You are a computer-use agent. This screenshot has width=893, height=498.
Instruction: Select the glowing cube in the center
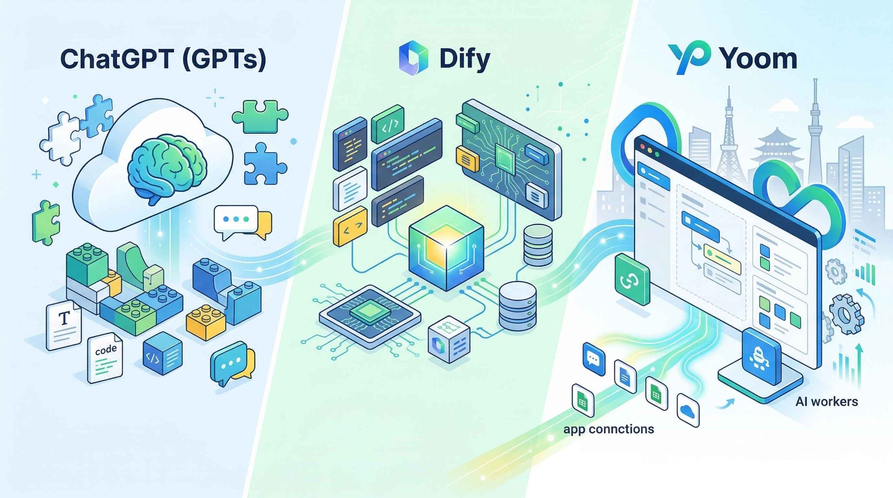[x=446, y=249]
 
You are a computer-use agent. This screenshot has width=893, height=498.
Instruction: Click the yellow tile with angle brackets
[x=350, y=227]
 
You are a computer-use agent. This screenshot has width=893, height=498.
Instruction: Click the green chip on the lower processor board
[x=369, y=312]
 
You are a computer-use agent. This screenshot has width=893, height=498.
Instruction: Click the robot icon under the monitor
[x=761, y=356]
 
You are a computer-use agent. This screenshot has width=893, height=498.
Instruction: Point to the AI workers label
[x=826, y=401]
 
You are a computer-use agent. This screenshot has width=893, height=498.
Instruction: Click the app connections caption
[x=608, y=429]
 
